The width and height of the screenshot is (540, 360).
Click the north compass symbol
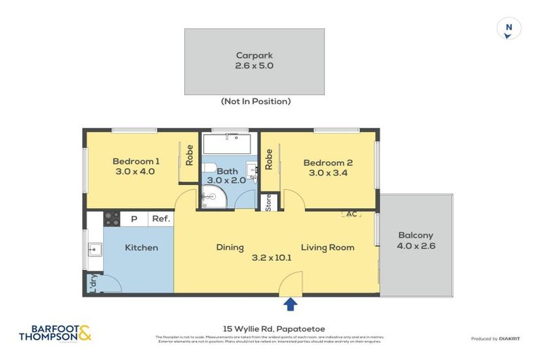(508, 30)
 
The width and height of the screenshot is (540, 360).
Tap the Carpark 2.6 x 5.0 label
(254, 60)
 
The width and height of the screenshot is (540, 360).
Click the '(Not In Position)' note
(255, 101)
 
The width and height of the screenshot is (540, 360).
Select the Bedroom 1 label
(136, 166)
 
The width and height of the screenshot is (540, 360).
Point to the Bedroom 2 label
(328, 168)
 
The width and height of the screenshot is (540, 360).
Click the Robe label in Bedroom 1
(189, 155)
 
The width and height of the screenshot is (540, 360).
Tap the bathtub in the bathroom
(226, 145)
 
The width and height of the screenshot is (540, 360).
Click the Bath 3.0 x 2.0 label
(227, 176)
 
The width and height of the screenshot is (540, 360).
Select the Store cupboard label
(268, 202)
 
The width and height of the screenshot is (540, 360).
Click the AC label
(350, 214)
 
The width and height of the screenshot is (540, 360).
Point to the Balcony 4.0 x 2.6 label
(416, 240)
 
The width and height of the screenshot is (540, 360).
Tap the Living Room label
(328, 247)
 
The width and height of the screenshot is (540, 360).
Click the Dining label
(230, 247)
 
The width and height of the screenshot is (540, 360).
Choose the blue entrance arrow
(290, 304)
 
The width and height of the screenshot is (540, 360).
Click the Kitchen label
(141, 247)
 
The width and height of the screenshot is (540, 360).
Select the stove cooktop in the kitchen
(112, 219)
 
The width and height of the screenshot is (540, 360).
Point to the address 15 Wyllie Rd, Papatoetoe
(269, 328)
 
